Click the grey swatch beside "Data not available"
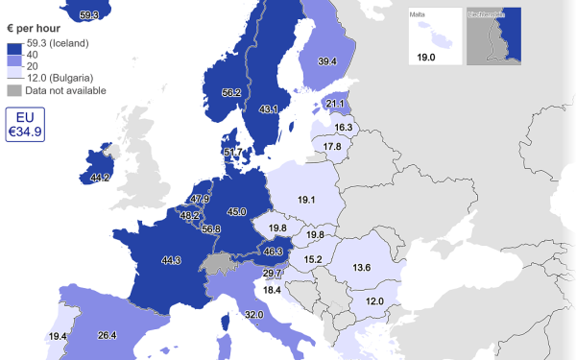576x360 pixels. point(14,90)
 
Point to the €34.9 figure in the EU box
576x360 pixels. point(25,131)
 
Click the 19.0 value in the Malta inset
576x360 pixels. point(426,58)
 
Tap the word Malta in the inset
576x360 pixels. point(419,14)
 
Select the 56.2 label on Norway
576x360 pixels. point(231,92)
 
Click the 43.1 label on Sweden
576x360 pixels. point(269,109)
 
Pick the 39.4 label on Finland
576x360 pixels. point(327,61)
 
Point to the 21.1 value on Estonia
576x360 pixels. point(335,104)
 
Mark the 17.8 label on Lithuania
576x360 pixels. point(332,146)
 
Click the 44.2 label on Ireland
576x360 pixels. point(100,178)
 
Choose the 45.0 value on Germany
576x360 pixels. point(236,211)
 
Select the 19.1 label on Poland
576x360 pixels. point(307,201)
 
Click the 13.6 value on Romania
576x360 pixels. point(362,267)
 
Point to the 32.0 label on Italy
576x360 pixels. point(253,314)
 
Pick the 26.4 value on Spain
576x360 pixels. point(107,335)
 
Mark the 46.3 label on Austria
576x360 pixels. point(274,252)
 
